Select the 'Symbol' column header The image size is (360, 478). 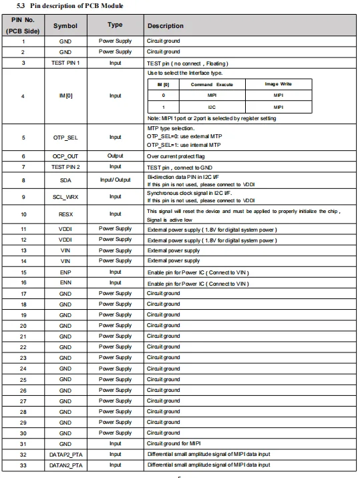(65, 26)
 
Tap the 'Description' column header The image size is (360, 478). (166, 26)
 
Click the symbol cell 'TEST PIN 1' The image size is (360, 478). (65, 63)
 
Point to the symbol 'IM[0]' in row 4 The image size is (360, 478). (65, 95)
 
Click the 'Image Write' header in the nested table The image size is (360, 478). (278, 85)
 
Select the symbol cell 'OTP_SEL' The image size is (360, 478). (65, 138)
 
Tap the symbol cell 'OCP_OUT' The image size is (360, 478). (65, 156)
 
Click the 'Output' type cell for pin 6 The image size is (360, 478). (115, 156)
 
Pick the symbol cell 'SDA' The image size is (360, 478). (65, 180)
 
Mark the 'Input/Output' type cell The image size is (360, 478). (115, 180)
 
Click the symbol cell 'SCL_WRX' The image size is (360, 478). (65, 197)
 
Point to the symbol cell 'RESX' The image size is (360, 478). (65, 214)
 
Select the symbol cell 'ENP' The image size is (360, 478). (65, 272)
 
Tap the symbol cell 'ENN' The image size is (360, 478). (65, 283)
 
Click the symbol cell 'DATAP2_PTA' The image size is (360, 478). (65, 455)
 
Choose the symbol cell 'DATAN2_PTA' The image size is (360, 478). (65, 465)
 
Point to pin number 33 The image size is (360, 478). (23, 465)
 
